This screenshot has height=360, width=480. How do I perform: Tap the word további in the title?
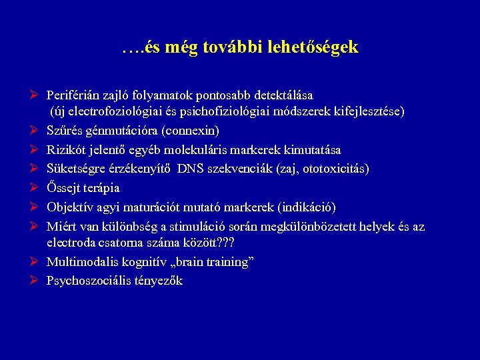[x=226, y=48]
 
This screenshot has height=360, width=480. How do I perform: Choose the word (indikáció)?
[x=303, y=207]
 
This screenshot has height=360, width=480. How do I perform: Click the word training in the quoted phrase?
[x=227, y=262]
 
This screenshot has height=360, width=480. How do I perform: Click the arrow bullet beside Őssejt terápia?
[x=34, y=187]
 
